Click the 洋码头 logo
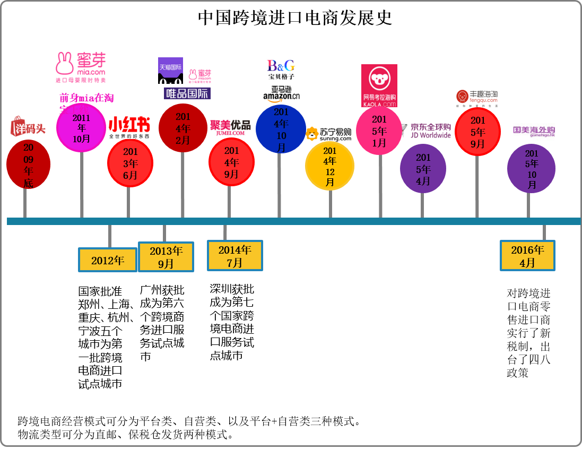[x=28, y=126]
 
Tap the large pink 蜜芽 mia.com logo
[x=81, y=65]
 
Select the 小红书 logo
[x=131, y=127]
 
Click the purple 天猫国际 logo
[x=170, y=68]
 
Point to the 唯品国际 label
[x=187, y=93]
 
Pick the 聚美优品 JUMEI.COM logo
[x=231, y=128]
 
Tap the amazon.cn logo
[x=281, y=93]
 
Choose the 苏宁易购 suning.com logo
[x=328, y=134]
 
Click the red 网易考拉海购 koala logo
[x=379, y=86]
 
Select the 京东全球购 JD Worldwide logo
[x=427, y=131]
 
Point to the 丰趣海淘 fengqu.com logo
[x=477, y=98]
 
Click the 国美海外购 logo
[x=535, y=130]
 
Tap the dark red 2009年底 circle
[x=28, y=165]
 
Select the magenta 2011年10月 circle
[x=81, y=127]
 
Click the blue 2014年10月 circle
[x=281, y=129]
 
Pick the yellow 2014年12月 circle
[x=329, y=166]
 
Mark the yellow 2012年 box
[x=108, y=260]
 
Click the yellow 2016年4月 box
[x=527, y=256]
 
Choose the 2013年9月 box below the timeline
[x=166, y=257]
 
